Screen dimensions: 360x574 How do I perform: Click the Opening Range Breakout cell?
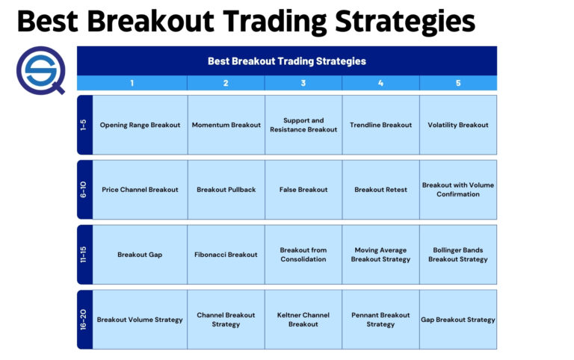point(140,125)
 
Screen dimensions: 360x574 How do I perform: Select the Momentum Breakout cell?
point(226,125)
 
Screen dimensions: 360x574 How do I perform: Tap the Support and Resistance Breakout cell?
point(303,125)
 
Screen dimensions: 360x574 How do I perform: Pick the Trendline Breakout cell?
point(380,125)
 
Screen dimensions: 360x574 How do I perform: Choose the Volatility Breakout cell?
point(458,125)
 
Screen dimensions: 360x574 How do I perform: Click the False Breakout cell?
point(303,190)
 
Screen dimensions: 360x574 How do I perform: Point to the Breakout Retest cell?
point(380,190)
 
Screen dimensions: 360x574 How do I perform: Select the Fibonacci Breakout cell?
point(226,255)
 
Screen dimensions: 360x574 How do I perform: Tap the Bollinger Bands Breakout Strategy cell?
point(458,255)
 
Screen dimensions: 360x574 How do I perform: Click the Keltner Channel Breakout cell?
point(303,320)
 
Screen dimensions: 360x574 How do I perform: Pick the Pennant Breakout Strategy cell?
point(380,320)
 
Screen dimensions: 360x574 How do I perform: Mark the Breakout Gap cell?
point(140,255)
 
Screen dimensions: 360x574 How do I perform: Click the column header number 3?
point(303,83)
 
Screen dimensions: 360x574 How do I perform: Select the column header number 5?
point(458,83)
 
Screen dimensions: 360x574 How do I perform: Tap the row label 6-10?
point(84,190)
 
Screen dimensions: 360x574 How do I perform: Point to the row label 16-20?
point(84,320)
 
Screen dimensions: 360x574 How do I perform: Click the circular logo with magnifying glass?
point(40,68)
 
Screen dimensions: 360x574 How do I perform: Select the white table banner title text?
point(286,61)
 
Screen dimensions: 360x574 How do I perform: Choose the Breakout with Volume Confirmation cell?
point(458,190)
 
